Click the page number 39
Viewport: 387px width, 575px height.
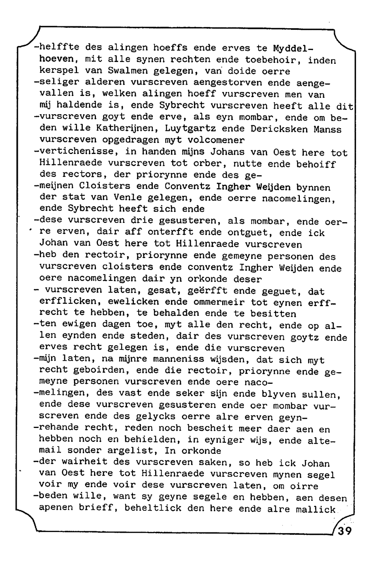345,531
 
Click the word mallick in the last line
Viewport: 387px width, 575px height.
316,509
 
